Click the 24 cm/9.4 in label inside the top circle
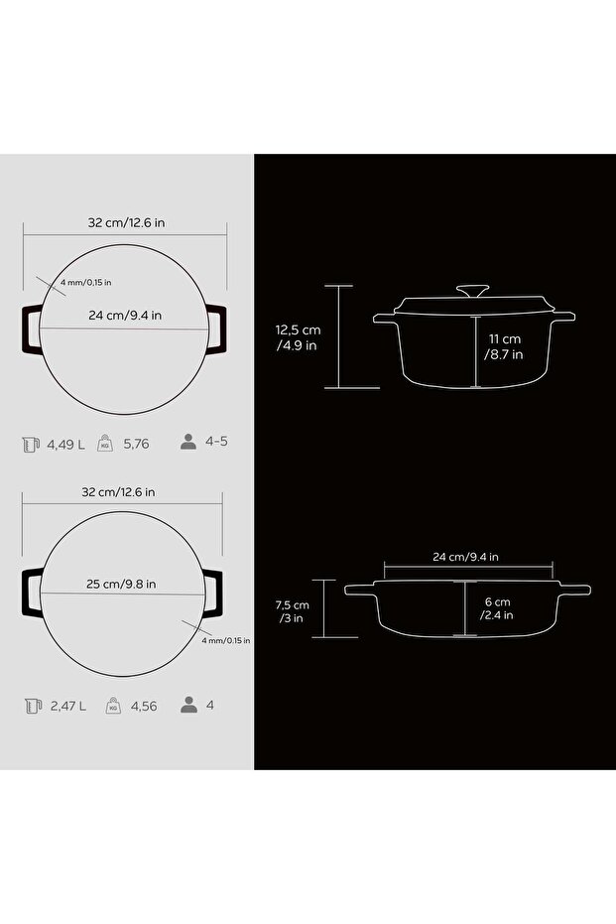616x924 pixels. (x=125, y=316)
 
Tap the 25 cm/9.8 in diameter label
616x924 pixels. (x=121, y=584)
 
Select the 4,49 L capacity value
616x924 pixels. (x=65, y=445)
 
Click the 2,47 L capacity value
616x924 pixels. (x=68, y=706)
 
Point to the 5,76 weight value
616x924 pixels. (x=136, y=445)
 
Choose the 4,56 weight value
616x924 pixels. (x=144, y=706)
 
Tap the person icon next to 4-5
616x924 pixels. (x=188, y=442)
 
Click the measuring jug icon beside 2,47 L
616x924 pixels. (x=33, y=706)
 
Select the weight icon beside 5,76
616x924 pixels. (x=105, y=443)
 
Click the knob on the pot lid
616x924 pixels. (x=472, y=291)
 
